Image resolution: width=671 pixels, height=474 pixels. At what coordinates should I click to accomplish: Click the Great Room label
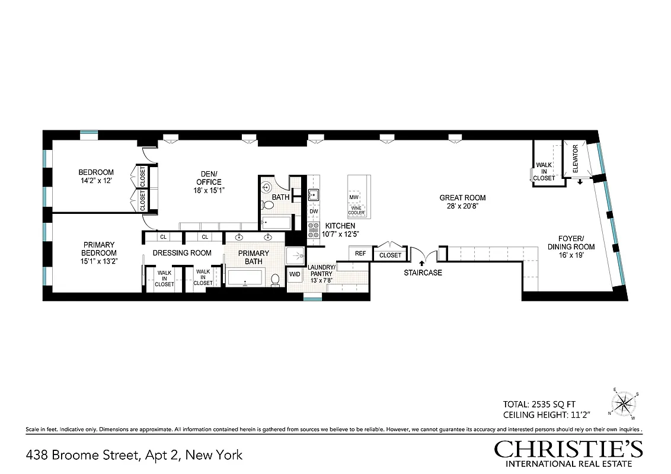pyautogui.click(x=462, y=198)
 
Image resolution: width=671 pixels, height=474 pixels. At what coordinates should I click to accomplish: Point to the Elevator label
pyautogui.click(x=575, y=158)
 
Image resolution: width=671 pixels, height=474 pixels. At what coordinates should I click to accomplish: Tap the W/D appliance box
pyautogui.click(x=295, y=274)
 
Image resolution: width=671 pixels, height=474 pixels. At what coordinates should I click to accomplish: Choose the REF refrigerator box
pyautogui.click(x=360, y=254)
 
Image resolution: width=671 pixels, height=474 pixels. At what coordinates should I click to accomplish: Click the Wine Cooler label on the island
pyautogui.click(x=357, y=210)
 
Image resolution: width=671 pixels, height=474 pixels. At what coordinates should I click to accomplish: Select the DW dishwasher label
pyautogui.click(x=314, y=212)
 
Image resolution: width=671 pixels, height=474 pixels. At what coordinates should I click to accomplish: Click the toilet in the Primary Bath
pyautogui.click(x=276, y=280)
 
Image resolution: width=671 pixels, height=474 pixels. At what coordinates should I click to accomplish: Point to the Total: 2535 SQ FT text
pyautogui.click(x=540, y=403)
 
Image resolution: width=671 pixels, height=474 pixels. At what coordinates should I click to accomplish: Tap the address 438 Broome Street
pyautogui.click(x=134, y=455)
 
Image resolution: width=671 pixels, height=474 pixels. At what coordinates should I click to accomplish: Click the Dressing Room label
pyautogui.click(x=182, y=253)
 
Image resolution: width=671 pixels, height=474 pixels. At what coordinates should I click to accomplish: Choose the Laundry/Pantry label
pyautogui.click(x=322, y=271)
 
